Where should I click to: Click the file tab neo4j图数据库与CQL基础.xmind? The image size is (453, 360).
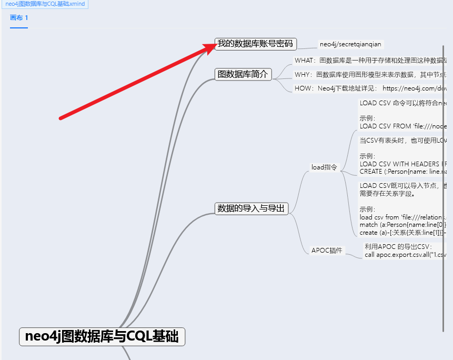[x=45, y=4]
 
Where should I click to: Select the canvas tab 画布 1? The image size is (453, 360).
[x=19, y=17]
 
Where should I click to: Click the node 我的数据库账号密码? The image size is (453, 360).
[x=255, y=44]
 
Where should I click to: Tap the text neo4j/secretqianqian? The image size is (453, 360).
[x=350, y=44]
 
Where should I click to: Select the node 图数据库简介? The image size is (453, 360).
[x=243, y=74]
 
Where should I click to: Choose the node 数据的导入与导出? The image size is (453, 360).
[x=251, y=208]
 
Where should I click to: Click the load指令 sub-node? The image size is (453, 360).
[x=324, y=167]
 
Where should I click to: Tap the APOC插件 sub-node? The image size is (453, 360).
[x=327, y=251]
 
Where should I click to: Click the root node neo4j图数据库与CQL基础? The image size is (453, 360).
[x=102, y=336]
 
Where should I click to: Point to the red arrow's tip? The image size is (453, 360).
[x=215, y=44]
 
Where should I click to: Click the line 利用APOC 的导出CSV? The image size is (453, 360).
[x=398, y=247]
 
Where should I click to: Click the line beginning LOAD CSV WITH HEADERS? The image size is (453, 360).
[x=403, y=164]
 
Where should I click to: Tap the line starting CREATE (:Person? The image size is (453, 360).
[x=403, y=172]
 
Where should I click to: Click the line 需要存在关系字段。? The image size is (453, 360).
[x=387, y=193]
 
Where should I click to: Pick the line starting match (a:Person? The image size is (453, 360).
[x=403, y=225]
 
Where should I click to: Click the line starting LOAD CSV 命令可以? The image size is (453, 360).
[x=403, y=103]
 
